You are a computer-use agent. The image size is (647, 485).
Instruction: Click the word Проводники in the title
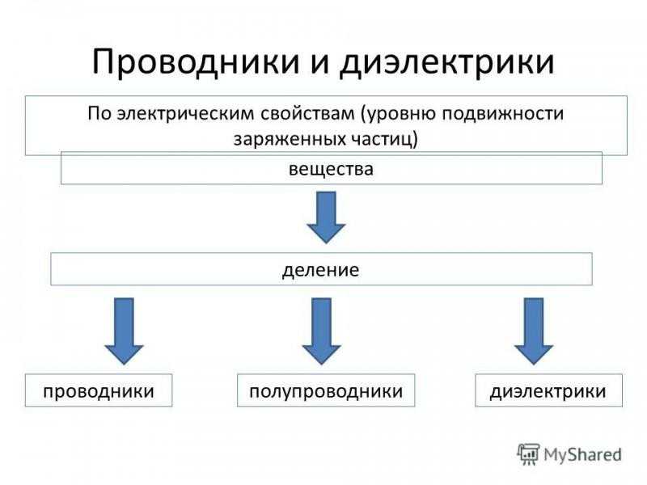click(x=195, y=62)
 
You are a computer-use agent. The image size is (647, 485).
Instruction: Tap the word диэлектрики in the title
click(x=447, y=62)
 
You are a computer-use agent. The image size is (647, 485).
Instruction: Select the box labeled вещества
click(x=332, y=168)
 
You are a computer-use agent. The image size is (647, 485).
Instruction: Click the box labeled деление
click(x=321, y=269)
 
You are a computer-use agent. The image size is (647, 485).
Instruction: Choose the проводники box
click(x=99, y=390)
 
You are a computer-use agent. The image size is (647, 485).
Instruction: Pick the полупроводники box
click(x=326, y=390)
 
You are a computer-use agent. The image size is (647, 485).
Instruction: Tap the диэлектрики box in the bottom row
click(x=549, y=390)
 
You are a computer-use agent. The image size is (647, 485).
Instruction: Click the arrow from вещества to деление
click(x=326, y=217)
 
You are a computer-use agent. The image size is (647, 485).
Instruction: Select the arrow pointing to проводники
click(x=124, y=331)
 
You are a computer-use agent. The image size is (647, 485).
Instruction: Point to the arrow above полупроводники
click(x=321, y=331)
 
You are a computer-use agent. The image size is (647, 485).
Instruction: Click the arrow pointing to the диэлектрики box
click(x=534, y=331)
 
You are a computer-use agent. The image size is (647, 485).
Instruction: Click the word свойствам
click(x=307, y=114)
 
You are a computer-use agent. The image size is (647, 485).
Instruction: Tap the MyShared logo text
click(x=582, y=455)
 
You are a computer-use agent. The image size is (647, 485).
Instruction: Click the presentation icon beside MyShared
click(x=528, y=454)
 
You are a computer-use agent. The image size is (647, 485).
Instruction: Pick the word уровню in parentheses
click(x=401, y=115)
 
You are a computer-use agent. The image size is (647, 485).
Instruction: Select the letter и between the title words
click(x=319, y=65)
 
